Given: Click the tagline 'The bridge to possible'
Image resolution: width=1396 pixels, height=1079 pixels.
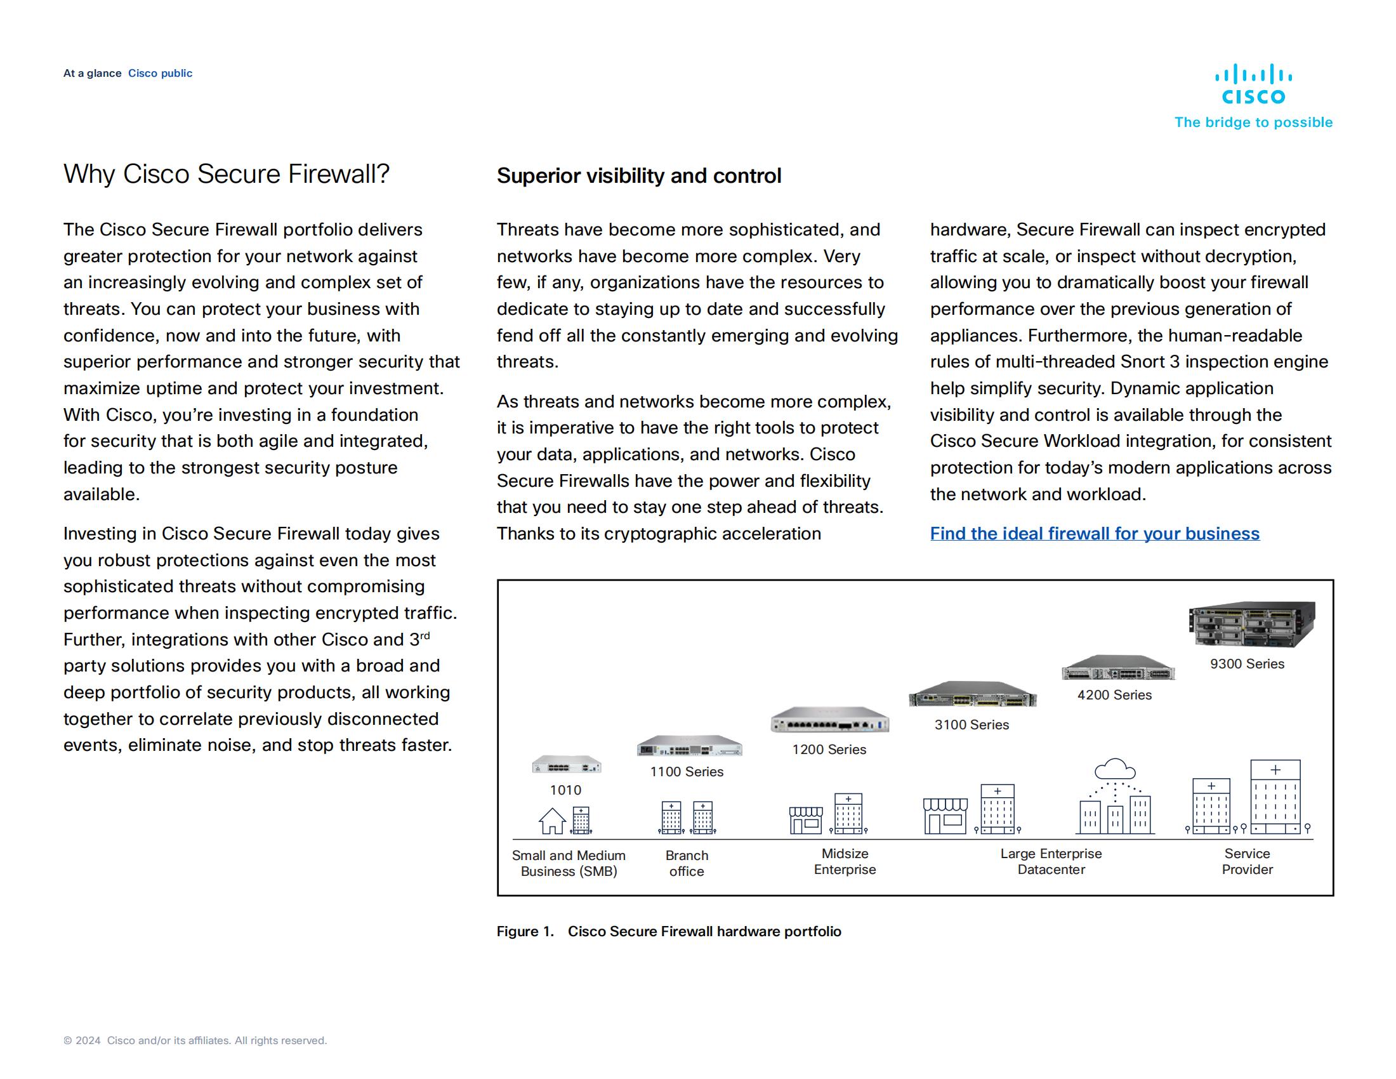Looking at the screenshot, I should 1253,122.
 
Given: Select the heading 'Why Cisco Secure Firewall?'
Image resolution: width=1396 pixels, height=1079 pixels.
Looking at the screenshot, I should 227,174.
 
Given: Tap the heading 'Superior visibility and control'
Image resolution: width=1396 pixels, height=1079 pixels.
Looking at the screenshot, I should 638,176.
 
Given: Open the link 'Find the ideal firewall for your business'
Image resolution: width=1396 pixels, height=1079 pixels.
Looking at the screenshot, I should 1095,533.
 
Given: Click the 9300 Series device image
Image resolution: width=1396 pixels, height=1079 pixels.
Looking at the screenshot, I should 1251,625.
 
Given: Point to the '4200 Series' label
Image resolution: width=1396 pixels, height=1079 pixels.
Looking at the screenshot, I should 1114,695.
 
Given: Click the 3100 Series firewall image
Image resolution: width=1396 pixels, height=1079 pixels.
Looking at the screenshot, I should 972,695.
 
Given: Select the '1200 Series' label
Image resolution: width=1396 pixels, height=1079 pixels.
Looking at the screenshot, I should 829,749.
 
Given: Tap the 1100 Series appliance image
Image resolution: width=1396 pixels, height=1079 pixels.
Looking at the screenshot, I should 689,746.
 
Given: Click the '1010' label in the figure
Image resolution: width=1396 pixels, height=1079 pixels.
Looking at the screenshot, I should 565,790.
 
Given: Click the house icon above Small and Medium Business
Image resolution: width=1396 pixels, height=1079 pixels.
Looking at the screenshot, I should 552,821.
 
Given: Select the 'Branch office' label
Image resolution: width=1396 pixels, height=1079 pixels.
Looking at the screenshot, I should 687,863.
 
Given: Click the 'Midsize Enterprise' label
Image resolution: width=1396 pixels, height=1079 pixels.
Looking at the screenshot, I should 845,861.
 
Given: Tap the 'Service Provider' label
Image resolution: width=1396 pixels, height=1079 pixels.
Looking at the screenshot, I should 1246,861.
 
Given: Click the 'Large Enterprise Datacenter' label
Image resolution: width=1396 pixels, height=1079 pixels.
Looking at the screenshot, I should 1051,861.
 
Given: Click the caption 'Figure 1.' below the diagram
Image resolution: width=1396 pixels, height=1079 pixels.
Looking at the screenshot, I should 525,931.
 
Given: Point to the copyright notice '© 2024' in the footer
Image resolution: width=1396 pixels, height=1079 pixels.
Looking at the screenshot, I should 82,1041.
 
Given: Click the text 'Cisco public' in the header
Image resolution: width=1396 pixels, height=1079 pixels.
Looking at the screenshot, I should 160,74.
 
